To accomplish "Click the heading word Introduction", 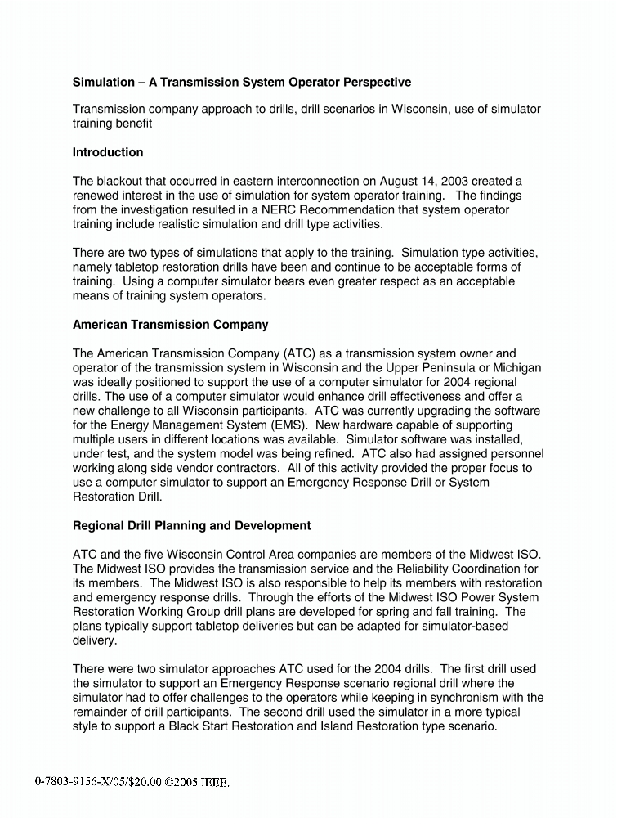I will point(108,152).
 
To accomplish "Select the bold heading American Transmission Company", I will point(170,324).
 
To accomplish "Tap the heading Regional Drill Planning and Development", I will point(191,524).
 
